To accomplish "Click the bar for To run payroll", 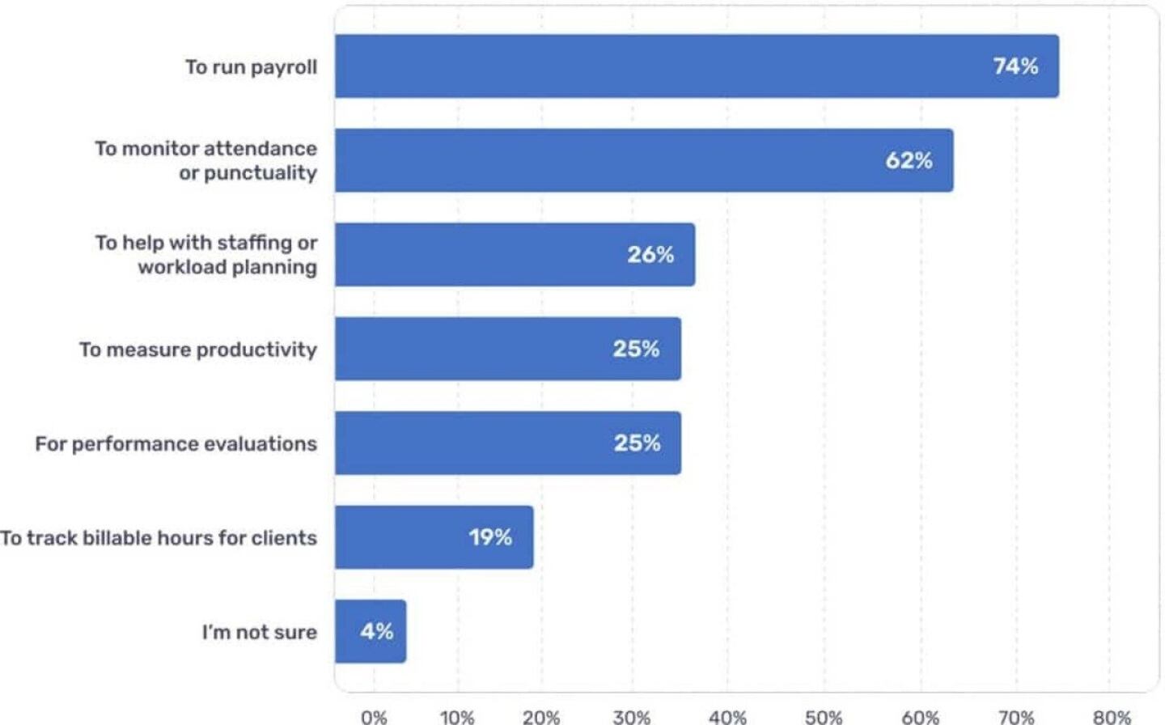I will coord(696,66).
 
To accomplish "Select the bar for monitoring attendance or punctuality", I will coord(643,160).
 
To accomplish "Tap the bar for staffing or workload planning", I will coord(515,254).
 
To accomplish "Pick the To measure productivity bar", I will coord(507,349).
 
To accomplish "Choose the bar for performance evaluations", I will coord(507,443).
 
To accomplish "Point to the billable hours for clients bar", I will coord(434,537).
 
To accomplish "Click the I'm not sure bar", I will coord(371,631).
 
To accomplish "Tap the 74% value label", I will coord(1015,66).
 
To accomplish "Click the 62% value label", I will coord(909,160).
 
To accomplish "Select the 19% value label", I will coord(490,537).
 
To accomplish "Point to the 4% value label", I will coord(377,631).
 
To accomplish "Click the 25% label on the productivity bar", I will coord(636,349).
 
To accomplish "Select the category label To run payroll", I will coord(251,67).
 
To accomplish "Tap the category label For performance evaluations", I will coord(176,443).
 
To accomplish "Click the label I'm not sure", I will coord(259,632).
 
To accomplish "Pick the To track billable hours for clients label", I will coord(159,538).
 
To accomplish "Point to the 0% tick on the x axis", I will coord(374,716).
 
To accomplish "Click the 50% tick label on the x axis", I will coord(824,716).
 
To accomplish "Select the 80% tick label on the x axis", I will coord(1112,716).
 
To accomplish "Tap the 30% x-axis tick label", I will coord(631,716).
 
